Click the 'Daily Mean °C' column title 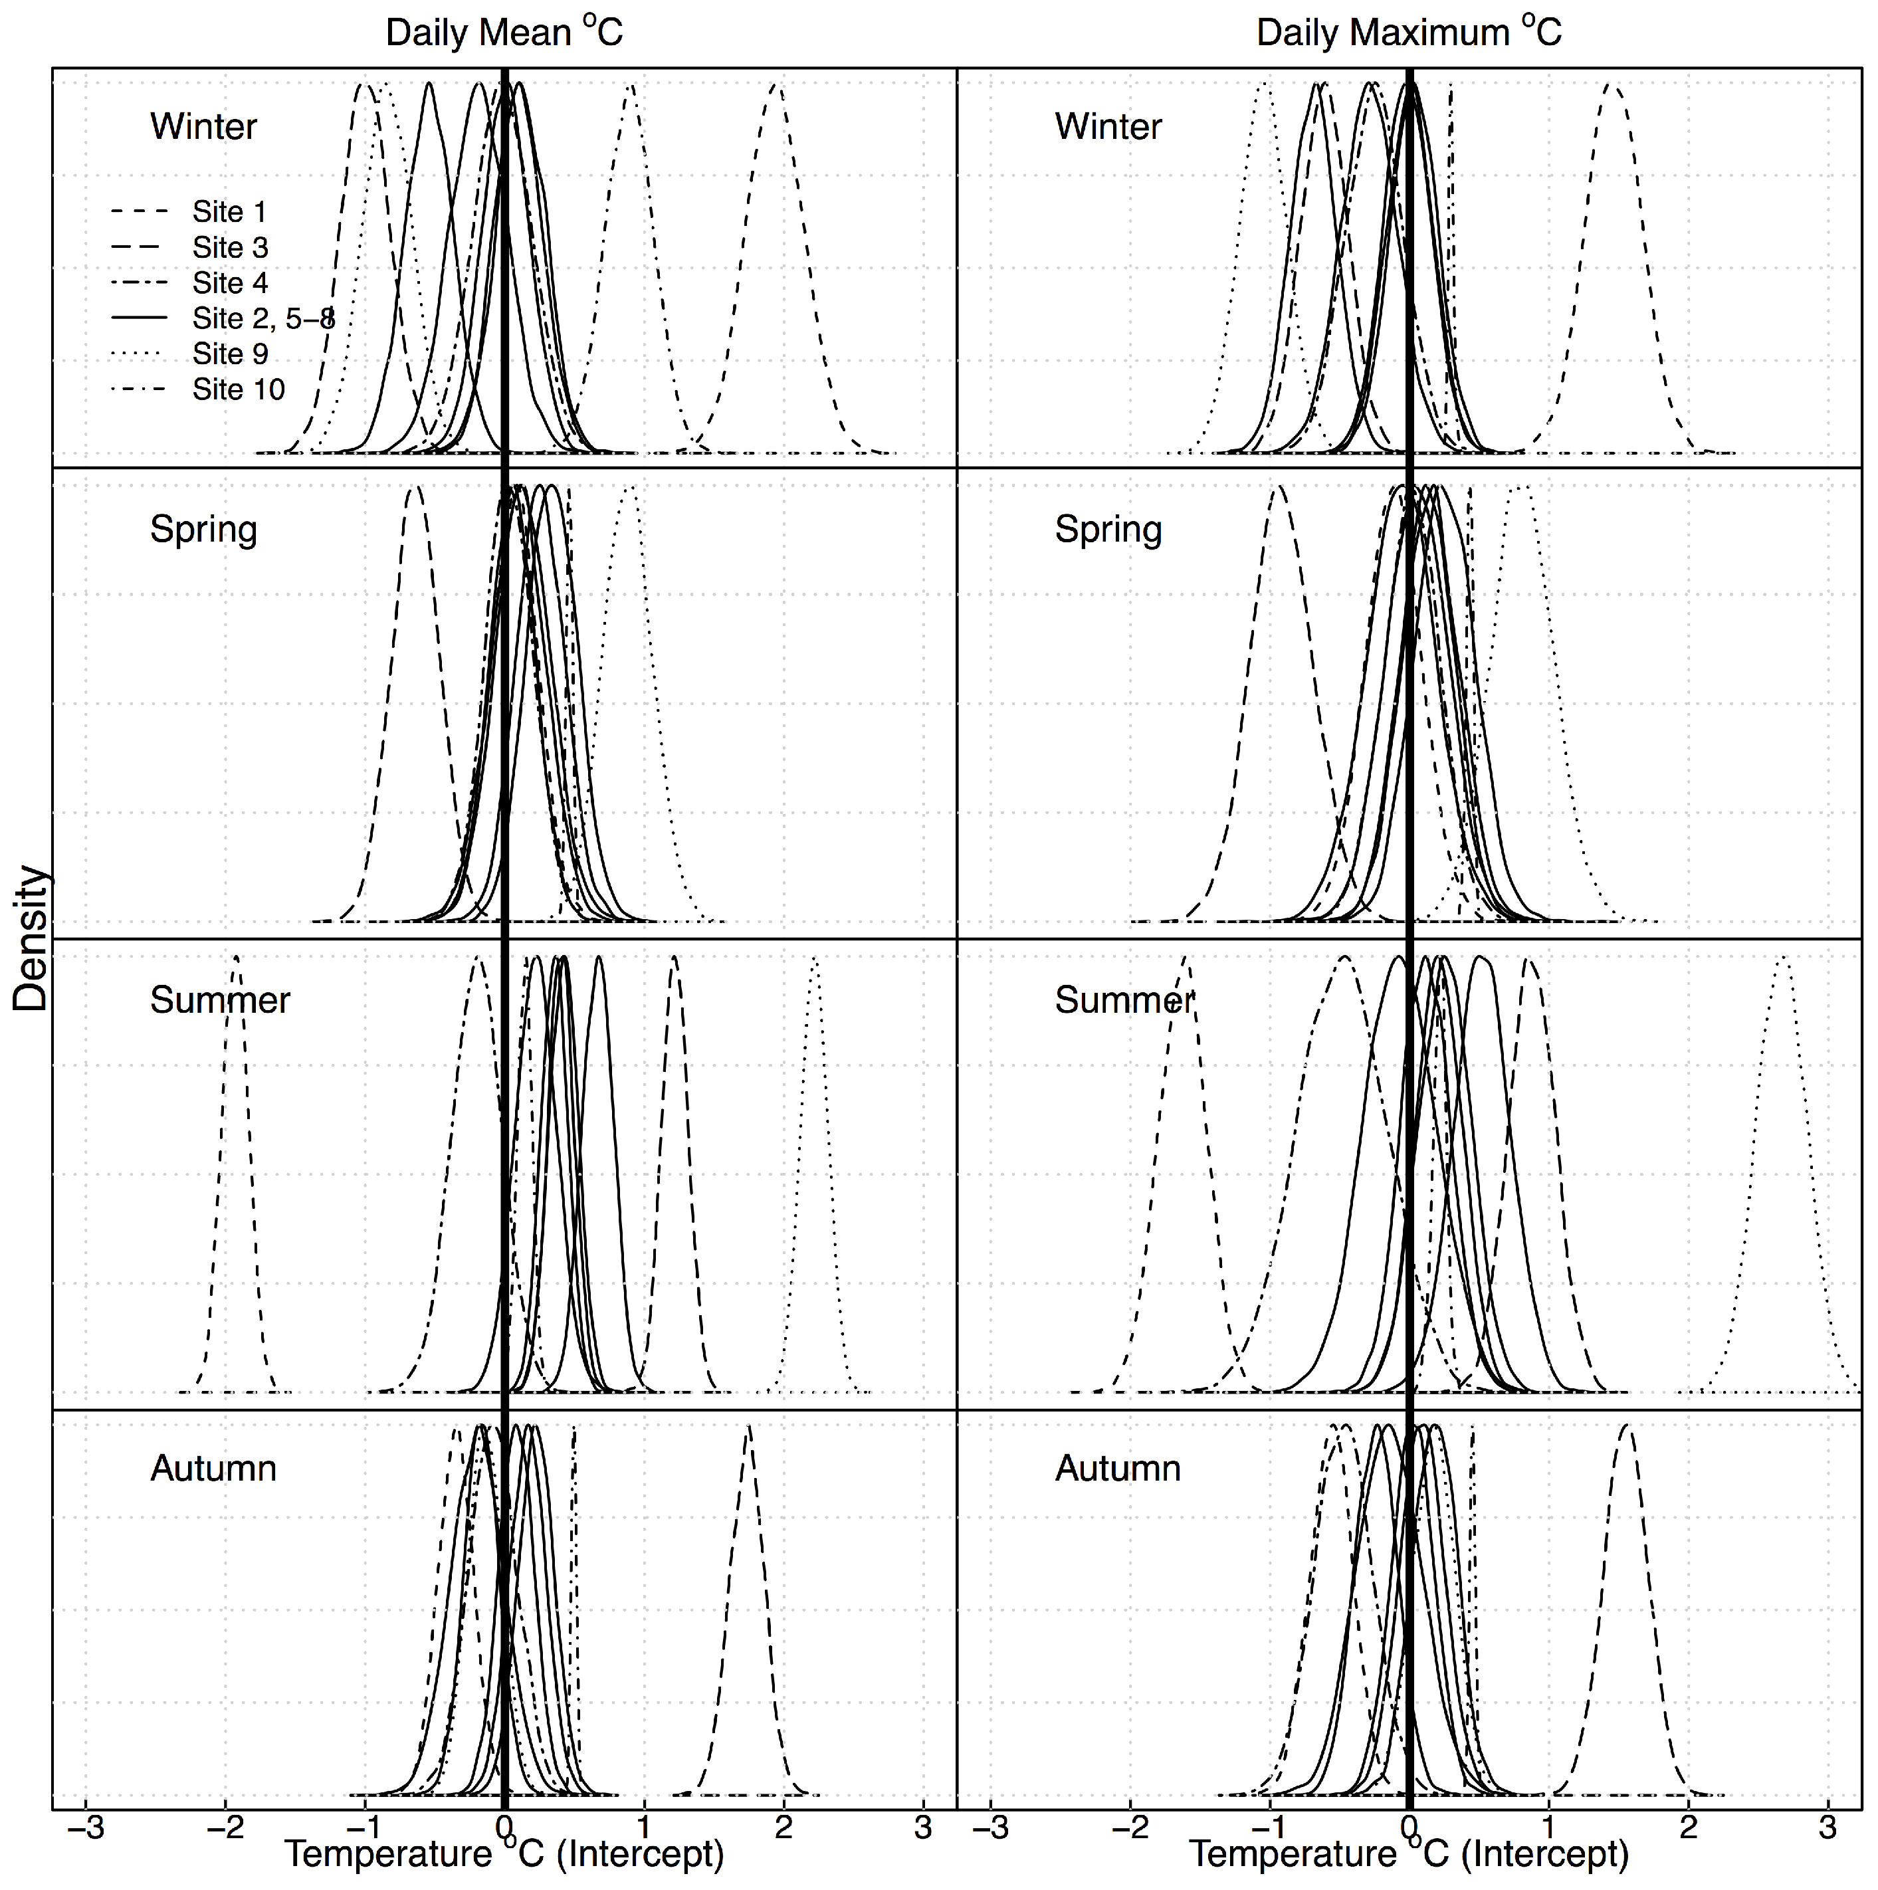tap(504, 33)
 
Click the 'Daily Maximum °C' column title tap(1409, 33)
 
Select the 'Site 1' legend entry tap(229, 211)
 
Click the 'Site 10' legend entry tap(238, 389)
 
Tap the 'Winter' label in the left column tap(203, 126)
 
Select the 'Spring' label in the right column tap(1108, 529)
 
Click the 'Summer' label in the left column tap(220, 999)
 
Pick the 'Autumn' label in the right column tap(1118, 1469)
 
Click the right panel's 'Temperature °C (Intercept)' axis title tap(1409, 1854)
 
